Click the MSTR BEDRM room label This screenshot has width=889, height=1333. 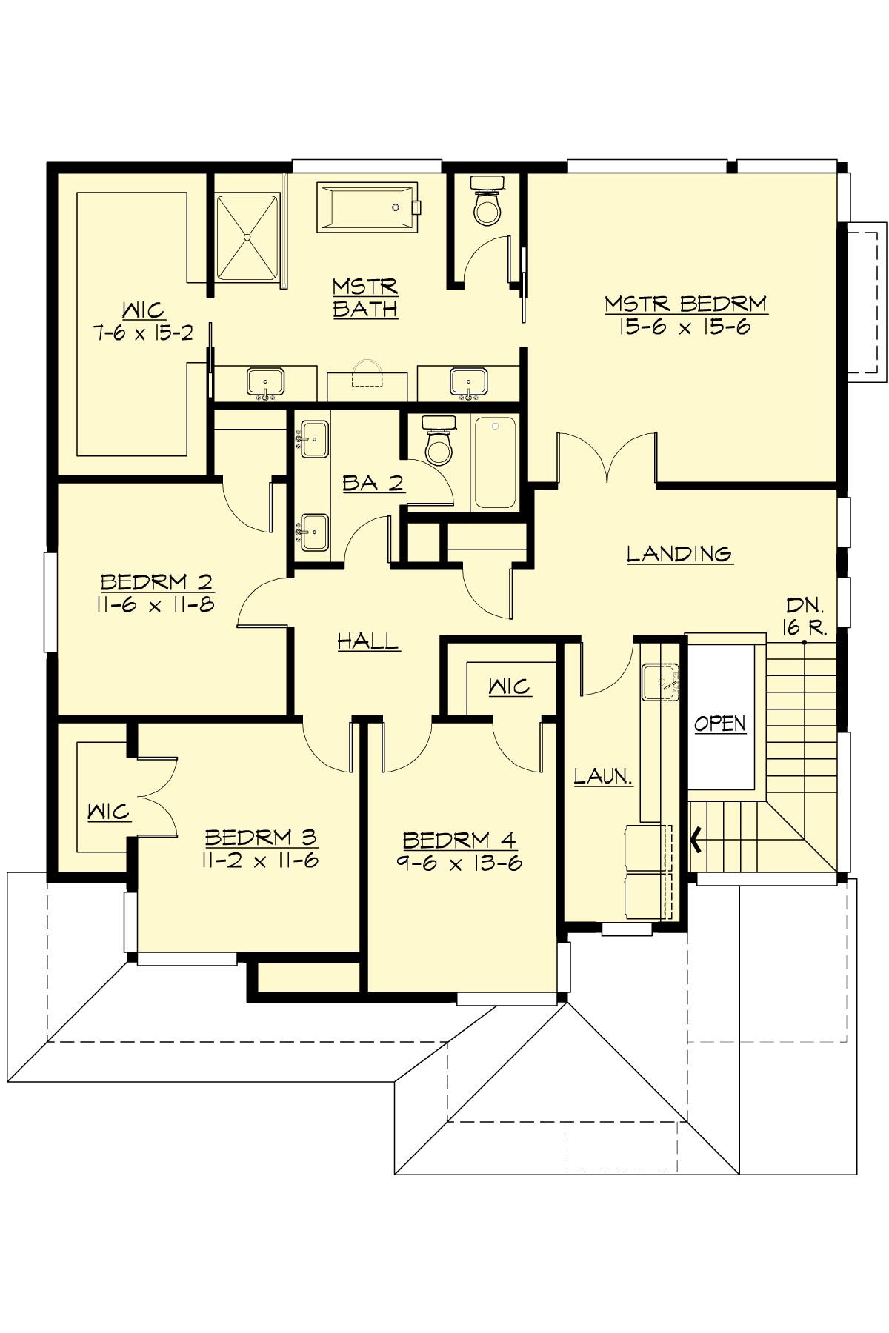click(x=685, y=304)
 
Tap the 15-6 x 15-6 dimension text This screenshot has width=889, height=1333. click(x=685, y=327)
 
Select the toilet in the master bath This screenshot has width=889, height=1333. click(x=487, y=201)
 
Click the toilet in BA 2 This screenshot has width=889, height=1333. click(x=437, y=442)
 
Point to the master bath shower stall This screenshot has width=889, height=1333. click(x=247, y=236)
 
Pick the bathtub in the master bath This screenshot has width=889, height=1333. click(x=367, y=208)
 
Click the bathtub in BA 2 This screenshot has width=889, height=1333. click(x=495, y=462)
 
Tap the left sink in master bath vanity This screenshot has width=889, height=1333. click(x=264, y=383)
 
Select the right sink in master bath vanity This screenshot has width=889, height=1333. click(x=468, y=382)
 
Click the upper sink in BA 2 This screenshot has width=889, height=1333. click(x=314, y=440)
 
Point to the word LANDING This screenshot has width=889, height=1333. click(x=679, y=554)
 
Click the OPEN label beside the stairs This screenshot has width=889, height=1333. click(x=720, y=724)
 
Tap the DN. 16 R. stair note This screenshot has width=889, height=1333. click(x=805, y=616)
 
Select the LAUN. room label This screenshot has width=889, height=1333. click(x=603, y=777)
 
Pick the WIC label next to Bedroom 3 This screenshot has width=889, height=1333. click(x=108, y=812)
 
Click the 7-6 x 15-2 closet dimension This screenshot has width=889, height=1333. click(x=143, y=333)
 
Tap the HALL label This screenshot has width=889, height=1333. click(x=368, y=641)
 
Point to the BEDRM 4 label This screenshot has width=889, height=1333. click(x=459, y=841)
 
